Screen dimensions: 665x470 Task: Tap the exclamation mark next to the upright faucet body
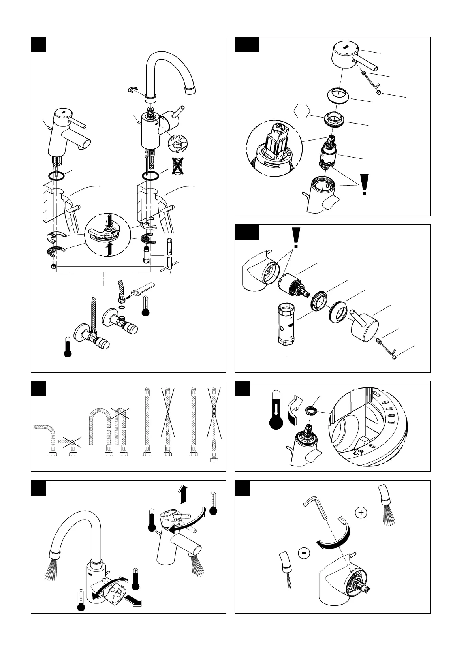click(364, 185)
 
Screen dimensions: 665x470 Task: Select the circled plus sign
click(361, 513)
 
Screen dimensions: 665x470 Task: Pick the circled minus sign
click(304, 553)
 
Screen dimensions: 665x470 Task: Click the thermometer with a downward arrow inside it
click(276, 411)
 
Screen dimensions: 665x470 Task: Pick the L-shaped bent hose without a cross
click(46, 439)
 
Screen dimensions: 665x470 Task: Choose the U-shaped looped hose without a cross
click(99, 430)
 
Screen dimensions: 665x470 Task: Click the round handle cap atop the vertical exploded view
click(345, 53)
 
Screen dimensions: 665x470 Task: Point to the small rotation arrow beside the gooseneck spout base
click(133, 90)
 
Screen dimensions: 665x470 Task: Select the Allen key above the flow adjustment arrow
click(315, 509)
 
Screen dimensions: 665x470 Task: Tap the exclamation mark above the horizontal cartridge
click(295, 237)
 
